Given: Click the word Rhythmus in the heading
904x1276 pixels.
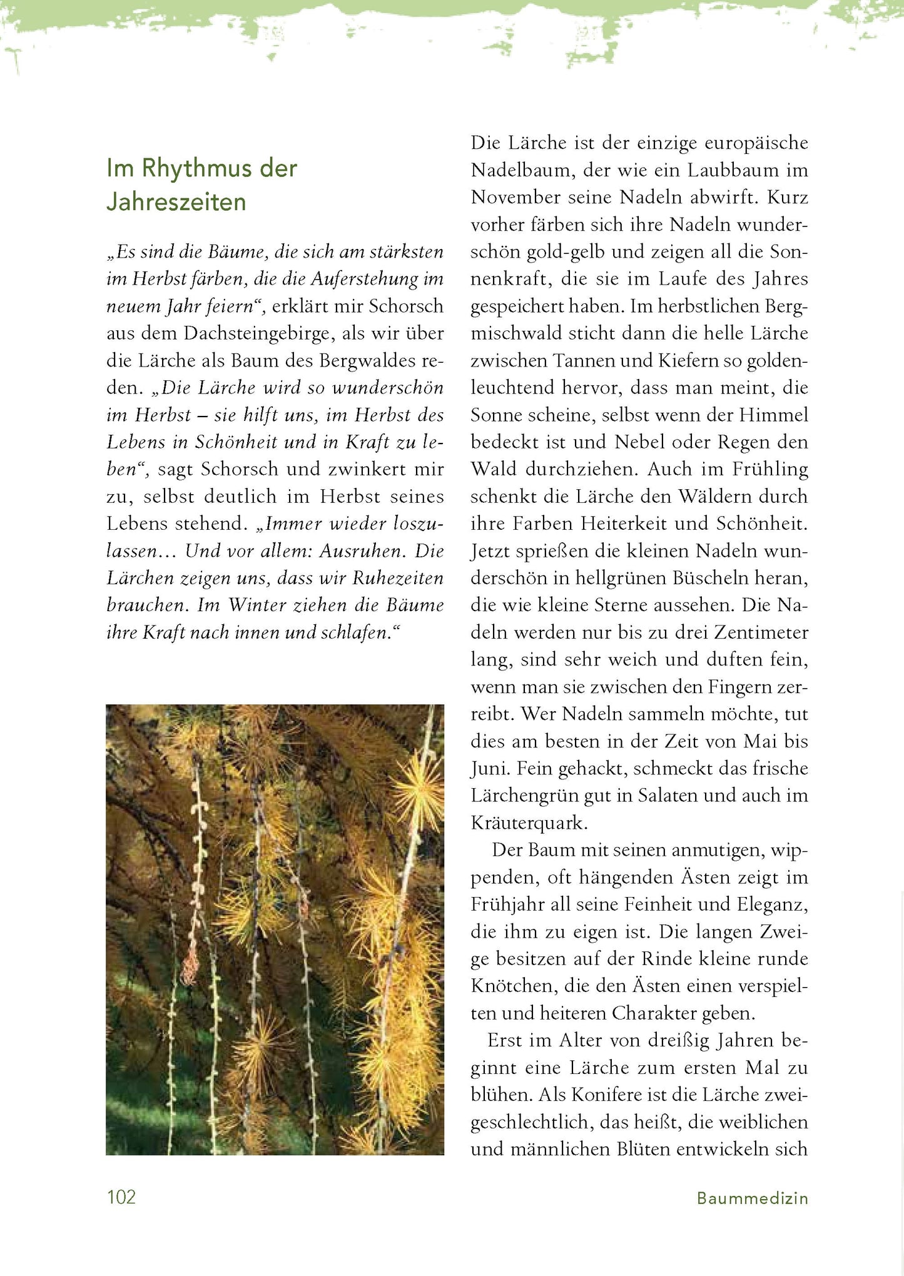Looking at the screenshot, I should [x=186, y=169].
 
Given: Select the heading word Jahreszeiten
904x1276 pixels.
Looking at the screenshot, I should [x=176, y=202].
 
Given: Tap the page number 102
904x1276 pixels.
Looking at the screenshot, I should [x=121, y=1197].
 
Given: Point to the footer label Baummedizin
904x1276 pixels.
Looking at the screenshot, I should [x=752, y=1198].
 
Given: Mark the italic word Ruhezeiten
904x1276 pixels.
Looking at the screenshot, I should [x=398, y=578].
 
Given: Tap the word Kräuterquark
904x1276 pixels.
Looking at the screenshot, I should [x=529, y=823].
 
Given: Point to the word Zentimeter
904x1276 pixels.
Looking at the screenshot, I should [x=761, y=632].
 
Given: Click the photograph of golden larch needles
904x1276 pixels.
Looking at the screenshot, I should [x=275, y=929].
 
